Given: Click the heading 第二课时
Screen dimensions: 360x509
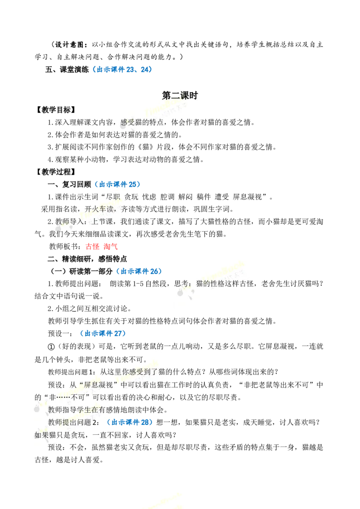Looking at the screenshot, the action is click(x=180, y=95).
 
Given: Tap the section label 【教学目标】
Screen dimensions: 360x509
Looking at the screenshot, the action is click(x=55, y=110).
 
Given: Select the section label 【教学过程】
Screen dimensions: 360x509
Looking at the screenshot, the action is click(x=55, y=172).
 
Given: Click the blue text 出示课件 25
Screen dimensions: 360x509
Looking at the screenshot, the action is click(x=117, y=184).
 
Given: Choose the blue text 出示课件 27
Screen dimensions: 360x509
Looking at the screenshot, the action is click(x=103, y=333).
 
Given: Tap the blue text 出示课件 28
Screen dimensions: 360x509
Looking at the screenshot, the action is click(x=130, y=422).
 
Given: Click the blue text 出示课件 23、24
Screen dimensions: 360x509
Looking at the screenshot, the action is click(x=122, y=69).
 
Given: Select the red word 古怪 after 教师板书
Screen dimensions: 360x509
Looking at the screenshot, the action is click(x=93, y=246).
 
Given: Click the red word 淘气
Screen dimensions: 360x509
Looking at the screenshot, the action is click(x=110, y=246).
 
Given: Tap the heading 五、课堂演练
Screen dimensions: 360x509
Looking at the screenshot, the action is click(x=67, y=69).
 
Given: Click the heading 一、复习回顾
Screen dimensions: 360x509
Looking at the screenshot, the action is click(x=69, y=184).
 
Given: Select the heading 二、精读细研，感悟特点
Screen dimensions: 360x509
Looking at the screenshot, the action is click(x=87, y=259).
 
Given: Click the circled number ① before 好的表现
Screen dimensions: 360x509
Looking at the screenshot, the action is click(x=51, y=347).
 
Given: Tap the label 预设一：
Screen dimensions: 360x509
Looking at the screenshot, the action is click(x=60, y=333).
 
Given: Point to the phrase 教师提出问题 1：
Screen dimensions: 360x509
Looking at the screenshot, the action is click(x=72, y=372).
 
